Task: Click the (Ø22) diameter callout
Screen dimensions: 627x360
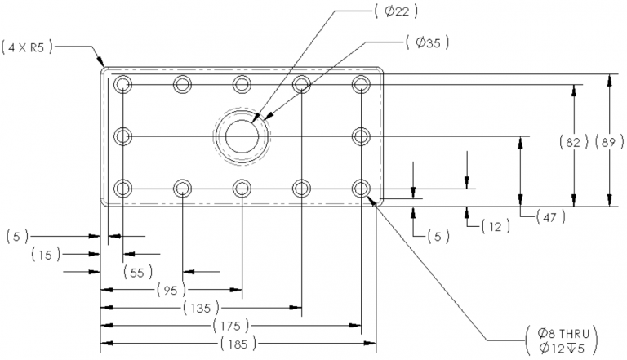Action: (396, 11)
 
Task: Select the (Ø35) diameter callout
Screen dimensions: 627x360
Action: (428, 42)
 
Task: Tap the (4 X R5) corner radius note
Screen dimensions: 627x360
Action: (27, 47)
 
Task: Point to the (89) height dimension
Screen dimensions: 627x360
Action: (609, 142)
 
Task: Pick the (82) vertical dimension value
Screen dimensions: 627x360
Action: (574, 142)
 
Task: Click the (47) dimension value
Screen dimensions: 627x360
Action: (550, 217)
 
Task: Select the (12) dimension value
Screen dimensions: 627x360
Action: (496, 227)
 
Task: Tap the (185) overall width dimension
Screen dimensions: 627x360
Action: (238, 344)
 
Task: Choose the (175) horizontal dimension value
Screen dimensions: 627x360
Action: (231, 326)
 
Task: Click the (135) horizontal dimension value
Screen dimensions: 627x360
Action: (201, 308)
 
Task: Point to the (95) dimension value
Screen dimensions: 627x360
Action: (171, 290)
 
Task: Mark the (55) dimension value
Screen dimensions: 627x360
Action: (137, 273)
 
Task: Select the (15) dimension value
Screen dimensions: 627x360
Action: (46, 255)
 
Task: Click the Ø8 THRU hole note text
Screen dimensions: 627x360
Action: (563, 333)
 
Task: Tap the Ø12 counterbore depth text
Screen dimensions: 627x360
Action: (562, 349)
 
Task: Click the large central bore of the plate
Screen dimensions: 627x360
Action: (242, 136)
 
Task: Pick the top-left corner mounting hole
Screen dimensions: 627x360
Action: (122, 84)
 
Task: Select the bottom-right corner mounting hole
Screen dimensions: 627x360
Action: (361, 188)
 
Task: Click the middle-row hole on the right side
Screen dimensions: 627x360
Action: (361, 136)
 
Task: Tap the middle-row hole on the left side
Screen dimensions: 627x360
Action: (122, 136)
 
